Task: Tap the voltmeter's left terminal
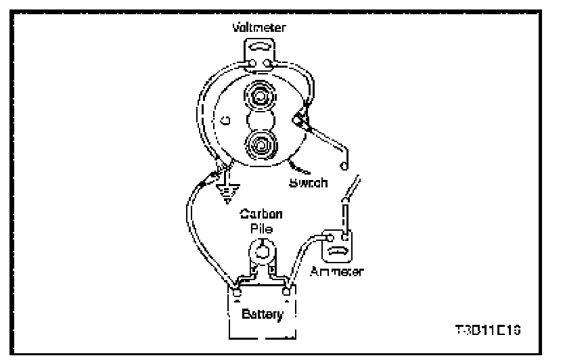click(x=252, y=65)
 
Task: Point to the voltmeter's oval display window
click(x=261, y=49)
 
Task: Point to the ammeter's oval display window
click(x=338, y=253)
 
